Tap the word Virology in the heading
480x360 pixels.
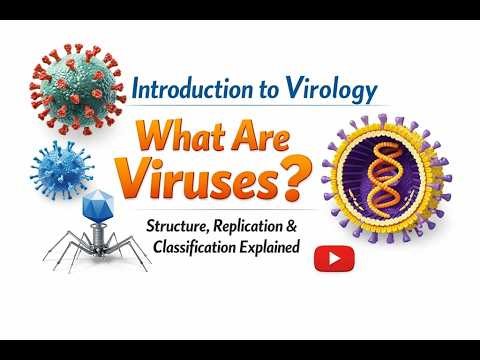pyautogui.click(x=332, y=91)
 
